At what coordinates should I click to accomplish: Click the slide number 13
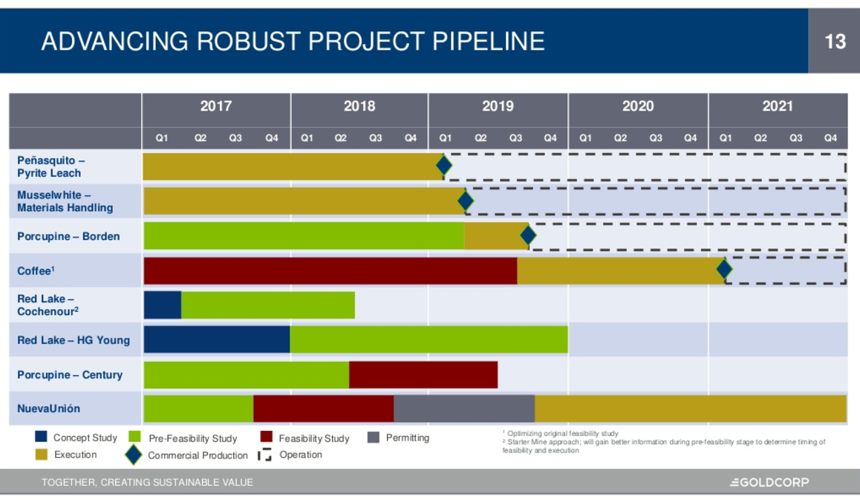[835, 42]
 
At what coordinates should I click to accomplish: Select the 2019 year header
[498, 106]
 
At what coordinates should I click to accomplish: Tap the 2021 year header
[778, 106]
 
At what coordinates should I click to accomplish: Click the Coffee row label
[36, 270]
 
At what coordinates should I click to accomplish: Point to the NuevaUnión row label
[49, 409]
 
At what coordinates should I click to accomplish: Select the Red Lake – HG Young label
[74, 340]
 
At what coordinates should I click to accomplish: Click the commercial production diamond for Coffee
[724, 269]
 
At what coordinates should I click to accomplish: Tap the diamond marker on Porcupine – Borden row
[528, 236]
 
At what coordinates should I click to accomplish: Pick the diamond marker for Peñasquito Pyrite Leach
[444, 166]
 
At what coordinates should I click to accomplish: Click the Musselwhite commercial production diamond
[466, 201]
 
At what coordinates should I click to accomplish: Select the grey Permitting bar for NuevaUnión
[464, 409]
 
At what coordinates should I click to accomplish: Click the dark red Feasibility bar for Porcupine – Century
[423, 374]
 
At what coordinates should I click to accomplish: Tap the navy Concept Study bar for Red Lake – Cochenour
[163, 305]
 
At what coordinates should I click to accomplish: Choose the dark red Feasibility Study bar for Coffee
[330, 270]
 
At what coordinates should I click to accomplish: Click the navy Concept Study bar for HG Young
[217, 340]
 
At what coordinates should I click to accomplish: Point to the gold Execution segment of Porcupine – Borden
[495, 236]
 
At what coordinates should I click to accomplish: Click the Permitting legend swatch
[374, 438]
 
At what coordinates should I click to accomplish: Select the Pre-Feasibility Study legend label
[193, 438]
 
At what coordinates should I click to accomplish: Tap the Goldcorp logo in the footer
[769, 482]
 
